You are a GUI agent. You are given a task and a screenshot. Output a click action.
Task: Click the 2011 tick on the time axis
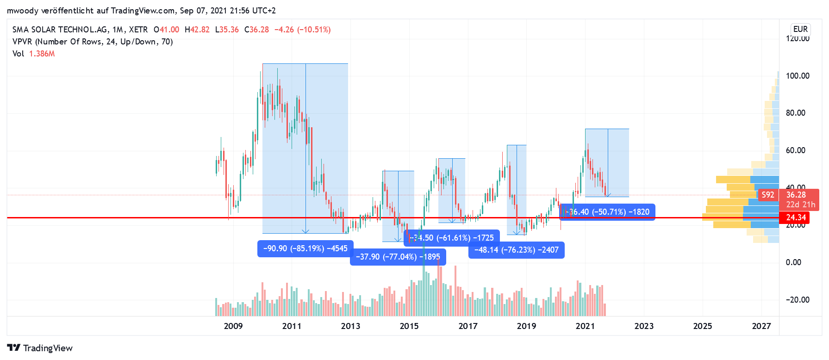(x=292, y=326)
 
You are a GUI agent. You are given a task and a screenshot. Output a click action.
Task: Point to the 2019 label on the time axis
(x=526, y=326)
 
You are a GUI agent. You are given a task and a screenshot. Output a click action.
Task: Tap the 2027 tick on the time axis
(x=761, y=326)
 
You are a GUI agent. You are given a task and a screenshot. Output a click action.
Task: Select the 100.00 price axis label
(x=798, y=76)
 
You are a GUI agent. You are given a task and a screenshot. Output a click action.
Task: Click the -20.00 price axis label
(x=798, y=300)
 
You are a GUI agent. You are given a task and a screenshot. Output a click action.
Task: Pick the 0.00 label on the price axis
(x=793, y=262)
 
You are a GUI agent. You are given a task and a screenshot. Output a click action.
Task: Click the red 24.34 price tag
(x=796, y=217)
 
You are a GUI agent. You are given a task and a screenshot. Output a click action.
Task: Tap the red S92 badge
(x=767, y=195)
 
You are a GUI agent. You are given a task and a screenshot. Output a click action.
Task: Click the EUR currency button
(x=800, y=29)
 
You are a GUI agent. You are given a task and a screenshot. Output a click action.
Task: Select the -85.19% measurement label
(x=305, y=248)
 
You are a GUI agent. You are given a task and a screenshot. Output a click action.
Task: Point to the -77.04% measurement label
(x=398, y=257)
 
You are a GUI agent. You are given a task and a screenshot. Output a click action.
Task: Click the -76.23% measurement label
(x=516, y=250)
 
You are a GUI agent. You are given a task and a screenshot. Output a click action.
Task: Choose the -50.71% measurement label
(x=608, y=212)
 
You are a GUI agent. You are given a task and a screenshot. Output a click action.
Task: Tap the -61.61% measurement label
(x=452, y=238)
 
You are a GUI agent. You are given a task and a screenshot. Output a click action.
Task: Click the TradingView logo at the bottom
(x=40, y=348)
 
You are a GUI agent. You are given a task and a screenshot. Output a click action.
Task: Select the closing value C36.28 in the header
(x=256, y=30)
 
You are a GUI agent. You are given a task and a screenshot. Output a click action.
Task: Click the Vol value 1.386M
(x=42, y=54)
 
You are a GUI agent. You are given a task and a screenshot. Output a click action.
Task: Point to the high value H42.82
(x=197, y=30)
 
